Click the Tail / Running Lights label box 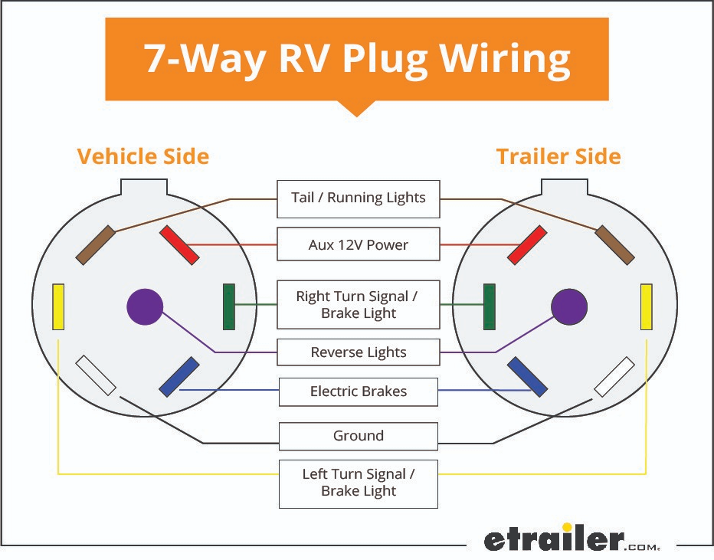[358, 198]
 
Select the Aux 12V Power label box [358, 245]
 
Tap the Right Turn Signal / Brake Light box [358, 305]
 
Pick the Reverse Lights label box [358, 352]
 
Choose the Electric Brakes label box [358, 391]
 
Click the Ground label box [358, 436]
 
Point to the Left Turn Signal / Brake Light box [358, 483]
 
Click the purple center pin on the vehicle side [145, 306]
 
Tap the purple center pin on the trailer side [569, 306]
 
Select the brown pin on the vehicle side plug [96, 245]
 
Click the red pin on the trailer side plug [528, 245]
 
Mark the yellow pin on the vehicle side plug [58, 306]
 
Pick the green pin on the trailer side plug [489, 306]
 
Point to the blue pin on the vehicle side [179, 376]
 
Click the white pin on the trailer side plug [614, 376]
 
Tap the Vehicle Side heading [143, 157]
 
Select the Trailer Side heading [558, 157]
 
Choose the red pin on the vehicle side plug [179, 245]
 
